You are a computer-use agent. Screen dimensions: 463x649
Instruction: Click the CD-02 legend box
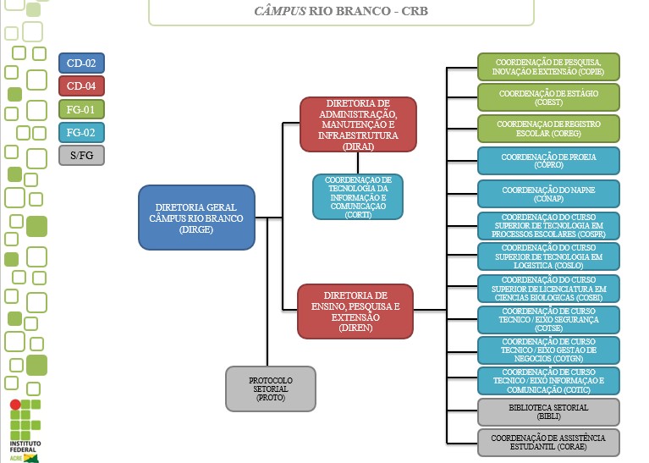click(81, 62)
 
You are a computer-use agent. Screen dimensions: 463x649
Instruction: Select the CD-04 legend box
click(81, 85)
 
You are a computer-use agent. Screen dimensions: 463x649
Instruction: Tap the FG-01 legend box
click(81, 109)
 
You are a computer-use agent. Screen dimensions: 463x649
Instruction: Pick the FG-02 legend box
click(81, 132)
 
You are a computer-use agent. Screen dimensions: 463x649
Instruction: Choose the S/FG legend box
click(81, 156)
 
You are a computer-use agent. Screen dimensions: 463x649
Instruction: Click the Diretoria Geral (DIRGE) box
click(196, 218)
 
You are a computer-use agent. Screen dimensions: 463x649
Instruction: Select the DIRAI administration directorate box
click(359, 124)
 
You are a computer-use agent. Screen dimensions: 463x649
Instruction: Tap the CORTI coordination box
click(358, 197)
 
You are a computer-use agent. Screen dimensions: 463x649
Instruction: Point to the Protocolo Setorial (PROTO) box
click(271, 389)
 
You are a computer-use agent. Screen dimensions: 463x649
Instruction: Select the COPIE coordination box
click(548, 66)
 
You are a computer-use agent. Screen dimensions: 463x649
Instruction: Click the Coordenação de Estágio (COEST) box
click(548, 97)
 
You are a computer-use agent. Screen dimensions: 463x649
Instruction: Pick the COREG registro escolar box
click(548, 129)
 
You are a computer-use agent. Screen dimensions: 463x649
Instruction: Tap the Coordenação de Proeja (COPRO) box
click(548, 161)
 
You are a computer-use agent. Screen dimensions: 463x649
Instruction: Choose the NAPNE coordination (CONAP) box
click(548, 194)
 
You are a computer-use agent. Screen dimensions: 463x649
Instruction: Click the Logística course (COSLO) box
click(548, 256)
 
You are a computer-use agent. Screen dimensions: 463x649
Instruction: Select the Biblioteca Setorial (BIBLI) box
click(548, 412)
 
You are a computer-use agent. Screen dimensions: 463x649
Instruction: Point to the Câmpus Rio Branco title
click(341, 13)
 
